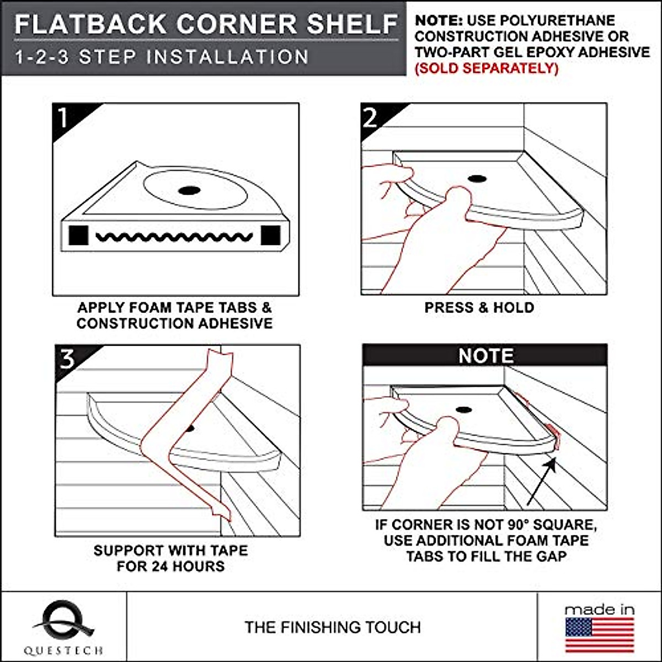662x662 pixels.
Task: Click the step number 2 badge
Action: [x=376, y=119]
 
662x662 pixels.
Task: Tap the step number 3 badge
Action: [x=71, y=361]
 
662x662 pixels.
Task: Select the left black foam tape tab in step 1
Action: [x=79, y=236]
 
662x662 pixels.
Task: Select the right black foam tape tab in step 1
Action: [x=271, y=236]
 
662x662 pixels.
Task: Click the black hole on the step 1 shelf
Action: [x=189, y=190]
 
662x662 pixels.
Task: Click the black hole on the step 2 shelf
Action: [x=476, y=179]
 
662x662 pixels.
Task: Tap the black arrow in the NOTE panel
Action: [x=541, y=481]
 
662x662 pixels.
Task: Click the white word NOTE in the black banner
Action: [x=486, y=356]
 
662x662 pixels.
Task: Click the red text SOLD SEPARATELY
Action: [x=487, y=68]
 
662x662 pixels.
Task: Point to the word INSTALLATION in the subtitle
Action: [x=227, y=57]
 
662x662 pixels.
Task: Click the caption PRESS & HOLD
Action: [x=479, y=307]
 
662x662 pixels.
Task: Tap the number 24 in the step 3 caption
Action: [x=162, y=566]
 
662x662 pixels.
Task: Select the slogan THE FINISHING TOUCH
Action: [x=333, y=627]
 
